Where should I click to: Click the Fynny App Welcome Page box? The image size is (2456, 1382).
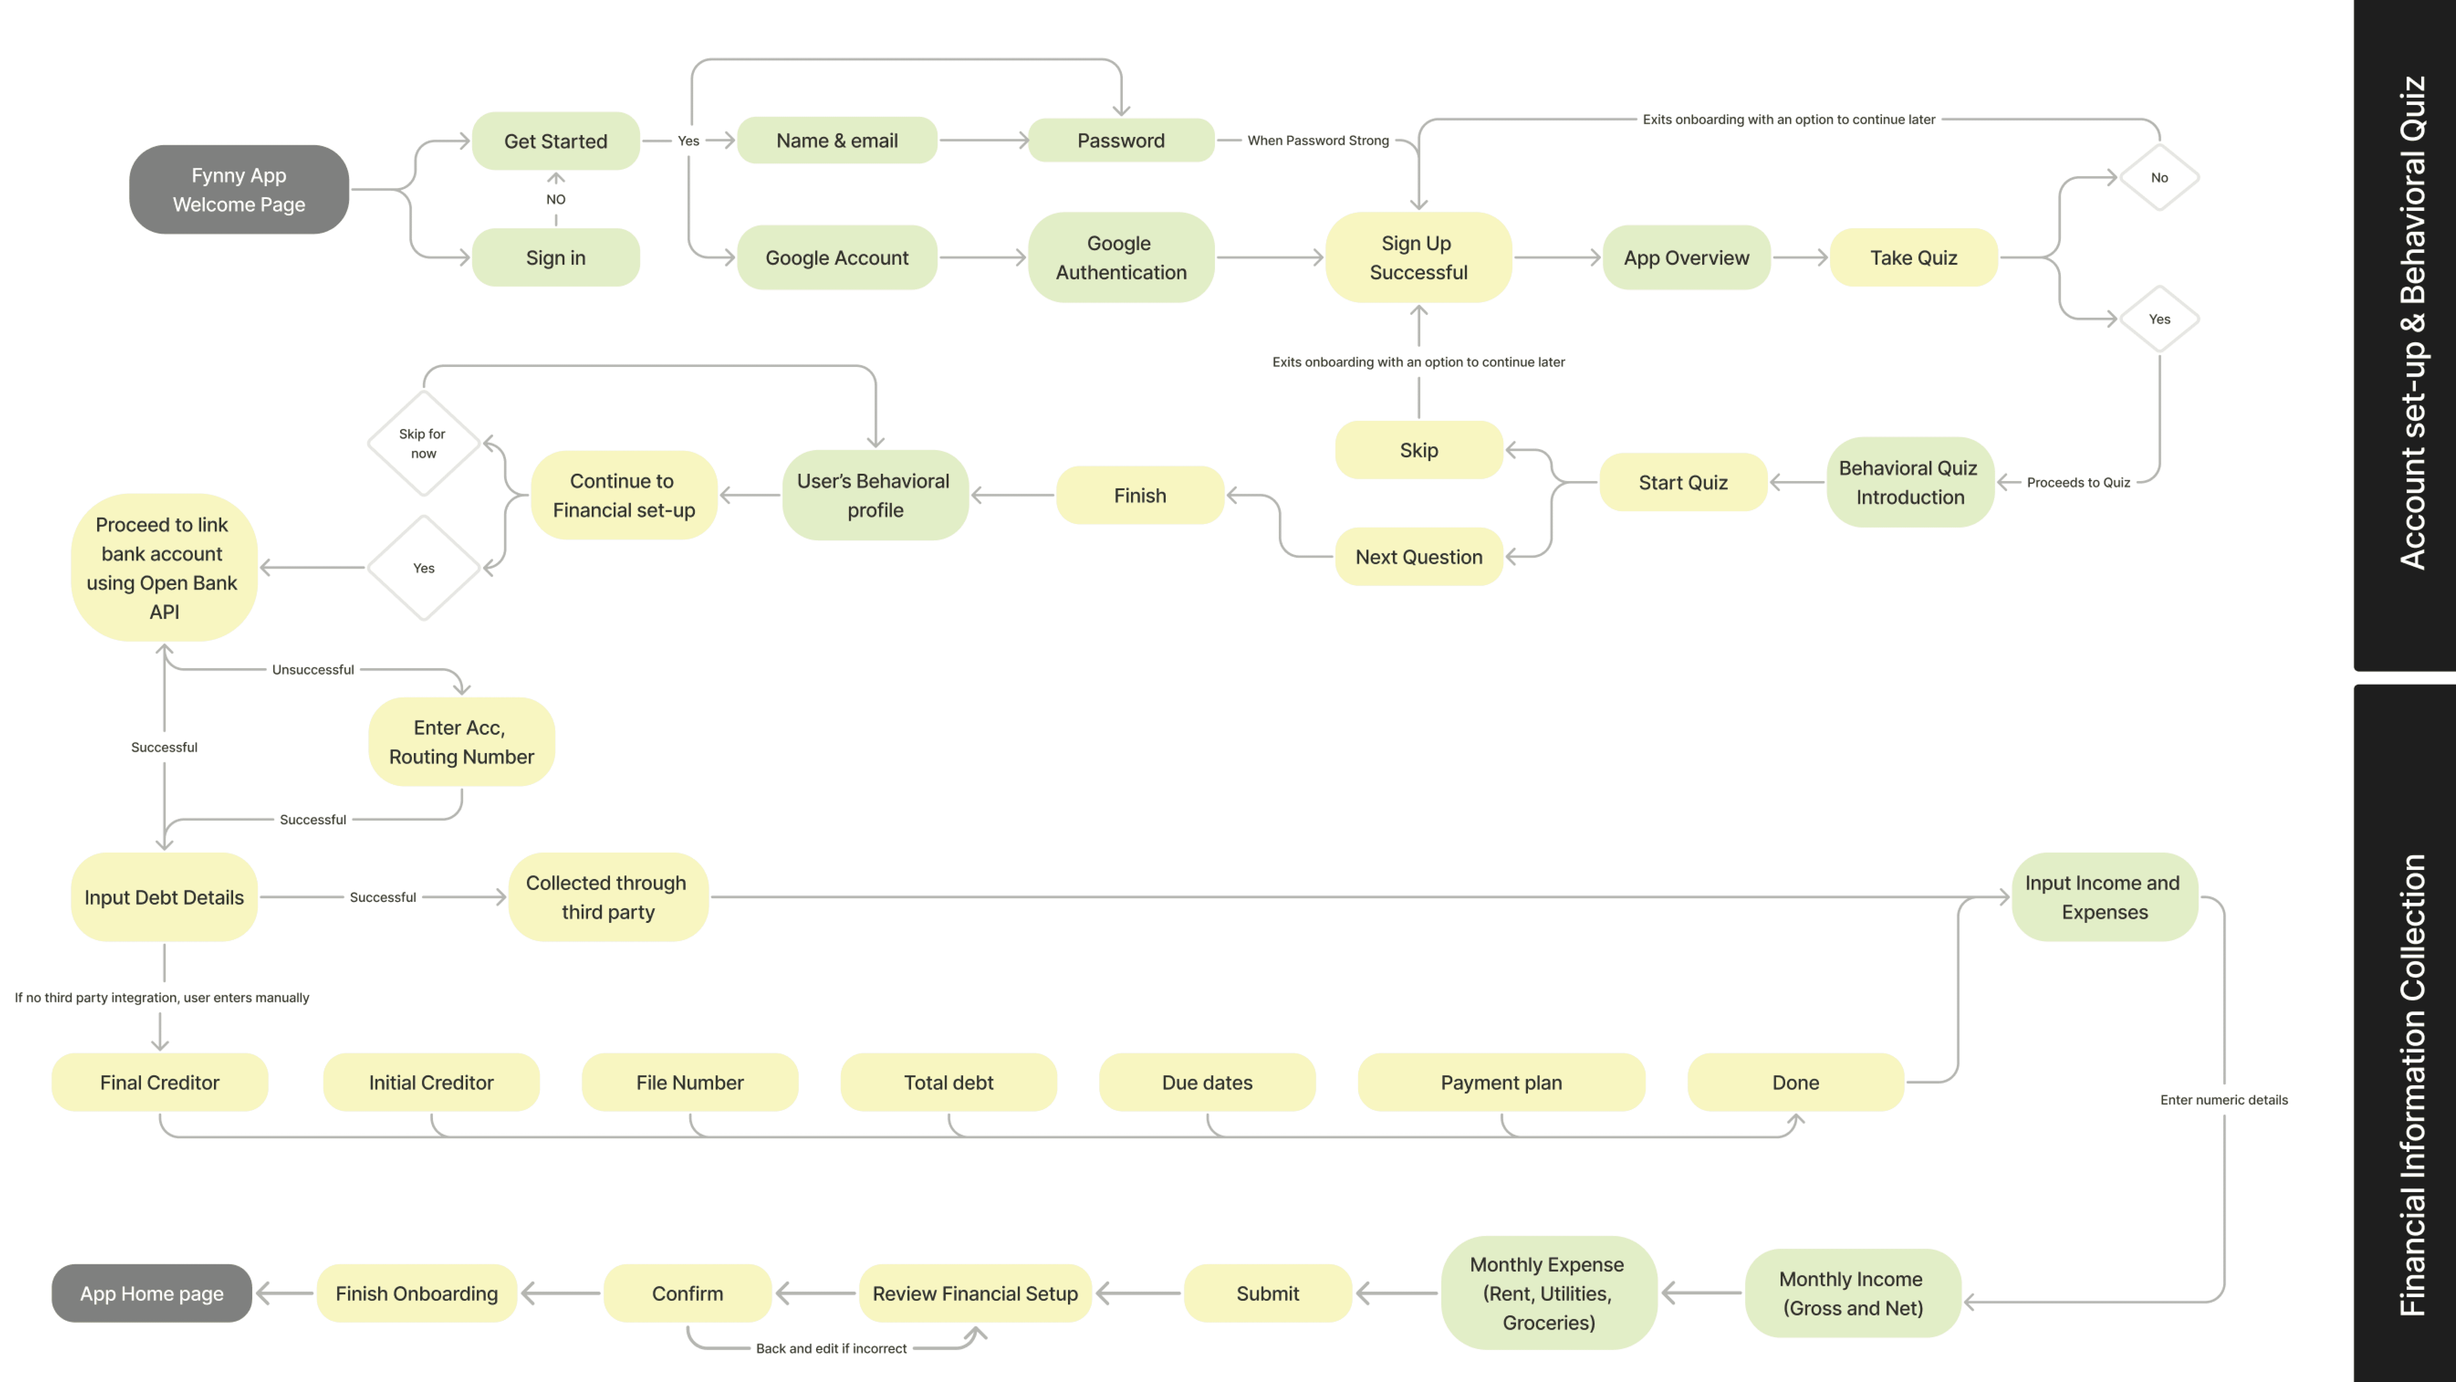point(238,190)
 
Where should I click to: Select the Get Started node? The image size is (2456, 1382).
point(556,141)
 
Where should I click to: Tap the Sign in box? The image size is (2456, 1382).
point(556,258)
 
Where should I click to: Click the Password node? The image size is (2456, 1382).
point(1121,140)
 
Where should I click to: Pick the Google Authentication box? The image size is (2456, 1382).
point(1121,258)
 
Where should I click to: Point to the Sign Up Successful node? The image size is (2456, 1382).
point(1419,258)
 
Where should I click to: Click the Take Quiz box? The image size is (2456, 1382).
point(1914,258)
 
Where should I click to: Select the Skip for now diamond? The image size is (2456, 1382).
point(423,443)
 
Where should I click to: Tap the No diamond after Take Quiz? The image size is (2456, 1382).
point(2160,178)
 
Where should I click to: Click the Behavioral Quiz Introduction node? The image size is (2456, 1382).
point(1910,483)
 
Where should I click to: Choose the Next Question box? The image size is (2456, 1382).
point(1419,557)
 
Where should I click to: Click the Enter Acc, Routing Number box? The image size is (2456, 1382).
point(461,742)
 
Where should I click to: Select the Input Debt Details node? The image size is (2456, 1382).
point(164,897)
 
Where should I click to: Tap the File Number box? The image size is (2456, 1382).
point(690,1083)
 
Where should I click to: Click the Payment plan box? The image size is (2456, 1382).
point(1502,1083)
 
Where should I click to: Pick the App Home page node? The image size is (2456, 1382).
point(152,1293)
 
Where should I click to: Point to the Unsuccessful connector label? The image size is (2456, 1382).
point(313,670)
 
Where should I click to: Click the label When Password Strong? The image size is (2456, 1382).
point(1318,140)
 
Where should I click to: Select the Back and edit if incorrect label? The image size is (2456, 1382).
point(831,1349)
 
